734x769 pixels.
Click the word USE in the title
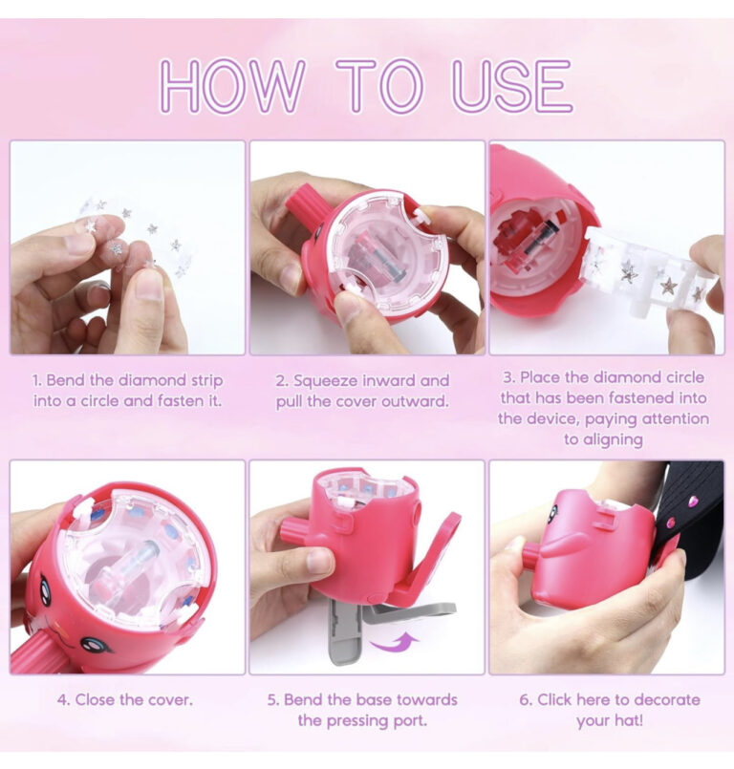(511, 85)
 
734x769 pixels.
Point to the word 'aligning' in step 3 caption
(603, 440)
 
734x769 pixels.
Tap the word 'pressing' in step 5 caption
(357, 721)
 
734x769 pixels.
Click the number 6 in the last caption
(525, 700)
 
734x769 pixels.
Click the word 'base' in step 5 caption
(374, 700)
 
